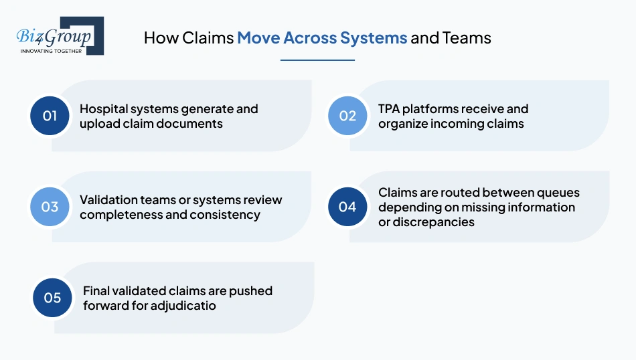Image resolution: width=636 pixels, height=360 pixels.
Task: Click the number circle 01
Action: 50,116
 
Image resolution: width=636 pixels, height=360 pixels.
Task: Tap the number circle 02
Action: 347,116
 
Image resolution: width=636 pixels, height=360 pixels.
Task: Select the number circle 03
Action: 50,207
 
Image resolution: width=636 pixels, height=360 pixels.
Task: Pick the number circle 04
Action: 347,207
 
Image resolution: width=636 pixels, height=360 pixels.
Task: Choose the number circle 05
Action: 52,298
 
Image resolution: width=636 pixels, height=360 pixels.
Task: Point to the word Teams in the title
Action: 467,37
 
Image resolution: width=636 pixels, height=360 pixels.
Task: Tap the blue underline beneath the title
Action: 317,60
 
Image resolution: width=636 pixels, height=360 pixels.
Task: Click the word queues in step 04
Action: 559,193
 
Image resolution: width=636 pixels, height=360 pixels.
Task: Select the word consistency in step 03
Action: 226,215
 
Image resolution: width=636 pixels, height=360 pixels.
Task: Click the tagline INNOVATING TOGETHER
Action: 52,51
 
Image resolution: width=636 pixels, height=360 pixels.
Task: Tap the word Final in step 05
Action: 97,290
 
